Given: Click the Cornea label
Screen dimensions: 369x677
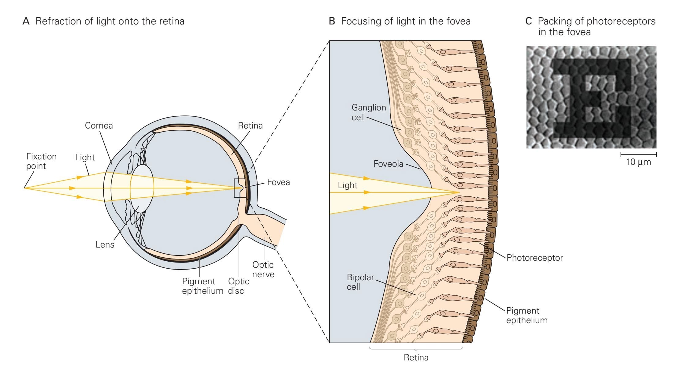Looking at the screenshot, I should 99,125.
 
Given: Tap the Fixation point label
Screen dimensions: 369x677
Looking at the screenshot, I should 41,161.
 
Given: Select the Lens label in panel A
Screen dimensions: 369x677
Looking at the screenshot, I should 105,244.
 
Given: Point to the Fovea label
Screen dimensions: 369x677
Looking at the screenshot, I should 278,182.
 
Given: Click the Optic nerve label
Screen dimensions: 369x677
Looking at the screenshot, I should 263,269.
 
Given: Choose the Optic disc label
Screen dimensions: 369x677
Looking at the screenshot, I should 238,286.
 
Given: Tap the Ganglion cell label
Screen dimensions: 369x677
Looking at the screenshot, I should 368,112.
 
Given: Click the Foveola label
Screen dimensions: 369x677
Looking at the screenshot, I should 388,164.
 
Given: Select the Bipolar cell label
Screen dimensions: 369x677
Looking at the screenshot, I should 360,282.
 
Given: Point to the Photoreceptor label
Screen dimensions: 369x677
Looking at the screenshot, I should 534,258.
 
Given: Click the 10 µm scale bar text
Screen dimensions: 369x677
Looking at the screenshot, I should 638,162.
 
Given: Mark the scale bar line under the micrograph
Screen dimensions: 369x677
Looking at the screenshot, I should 638,154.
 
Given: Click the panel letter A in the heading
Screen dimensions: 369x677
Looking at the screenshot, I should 26,21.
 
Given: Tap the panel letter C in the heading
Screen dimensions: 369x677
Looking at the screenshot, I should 529,21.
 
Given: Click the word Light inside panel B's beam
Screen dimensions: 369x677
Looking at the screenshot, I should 347,185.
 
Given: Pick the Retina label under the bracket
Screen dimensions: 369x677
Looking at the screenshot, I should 416,357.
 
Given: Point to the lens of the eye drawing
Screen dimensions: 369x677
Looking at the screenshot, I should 142,188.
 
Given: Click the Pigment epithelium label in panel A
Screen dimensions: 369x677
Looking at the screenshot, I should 202,286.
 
